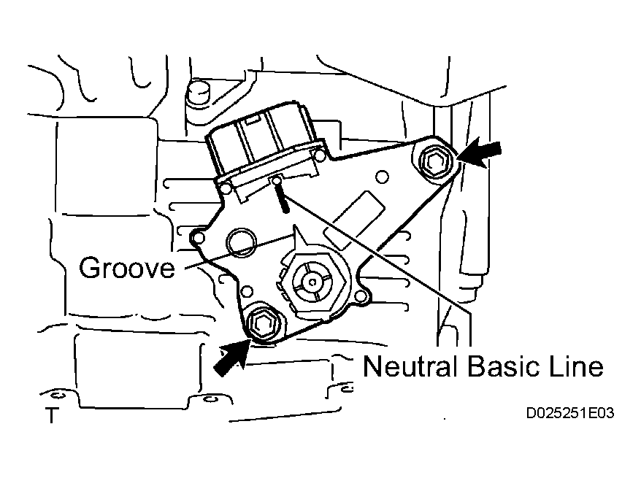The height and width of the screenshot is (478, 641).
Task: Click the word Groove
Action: (127, 268)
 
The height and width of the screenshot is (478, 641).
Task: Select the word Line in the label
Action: (577, 366)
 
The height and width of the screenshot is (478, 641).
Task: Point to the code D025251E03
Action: (570, 414)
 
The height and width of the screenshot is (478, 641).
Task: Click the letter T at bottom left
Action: (52, 415)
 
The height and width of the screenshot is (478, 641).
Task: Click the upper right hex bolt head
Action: (434, 161)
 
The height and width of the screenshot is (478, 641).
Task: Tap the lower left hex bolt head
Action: (261, 323)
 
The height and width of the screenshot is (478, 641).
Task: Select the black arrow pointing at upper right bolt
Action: (478, 153)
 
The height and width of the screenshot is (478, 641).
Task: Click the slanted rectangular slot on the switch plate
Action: (355, 220)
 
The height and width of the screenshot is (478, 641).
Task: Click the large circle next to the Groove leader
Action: (241, 242)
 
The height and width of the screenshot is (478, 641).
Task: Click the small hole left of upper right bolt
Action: (382, 177)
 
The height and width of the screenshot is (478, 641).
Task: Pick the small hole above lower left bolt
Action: (247, 291)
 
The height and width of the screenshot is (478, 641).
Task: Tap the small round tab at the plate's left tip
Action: (198, 237)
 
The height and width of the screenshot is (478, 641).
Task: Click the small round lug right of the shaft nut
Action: (360, 296)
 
